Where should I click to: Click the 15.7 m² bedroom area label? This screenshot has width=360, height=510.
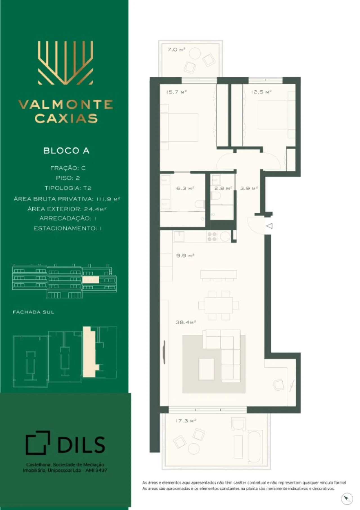point(177,92)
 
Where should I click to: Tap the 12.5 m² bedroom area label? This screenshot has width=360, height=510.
point(261,92)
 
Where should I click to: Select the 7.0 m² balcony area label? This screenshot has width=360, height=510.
point(176,50)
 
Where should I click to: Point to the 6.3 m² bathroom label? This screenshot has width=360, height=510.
point(185,188)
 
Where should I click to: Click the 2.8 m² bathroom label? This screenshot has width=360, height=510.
point(223,188)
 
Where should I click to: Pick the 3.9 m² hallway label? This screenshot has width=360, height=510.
point(249,188)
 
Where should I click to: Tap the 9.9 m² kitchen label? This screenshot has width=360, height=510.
point(185,256)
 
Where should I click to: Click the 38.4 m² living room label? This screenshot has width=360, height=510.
point(186,322)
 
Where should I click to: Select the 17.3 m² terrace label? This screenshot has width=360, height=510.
point(186,421)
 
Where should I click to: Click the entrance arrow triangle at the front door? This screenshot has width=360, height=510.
point(269,226)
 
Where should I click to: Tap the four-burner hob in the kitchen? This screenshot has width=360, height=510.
point(212,236)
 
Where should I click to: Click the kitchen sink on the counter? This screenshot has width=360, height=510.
point(179,236)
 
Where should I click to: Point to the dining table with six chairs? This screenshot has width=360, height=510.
point(219,305)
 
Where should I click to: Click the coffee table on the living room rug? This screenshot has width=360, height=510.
point(206,369)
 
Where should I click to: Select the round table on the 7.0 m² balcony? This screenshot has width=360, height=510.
point(194,53)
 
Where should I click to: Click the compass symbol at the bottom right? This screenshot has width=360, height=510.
point(347,499)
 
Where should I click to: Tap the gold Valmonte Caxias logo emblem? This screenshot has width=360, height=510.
point(66,63)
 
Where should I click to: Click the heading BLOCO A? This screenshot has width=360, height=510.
point(66,151)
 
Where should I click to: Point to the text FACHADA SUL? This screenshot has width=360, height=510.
point(33,312)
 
